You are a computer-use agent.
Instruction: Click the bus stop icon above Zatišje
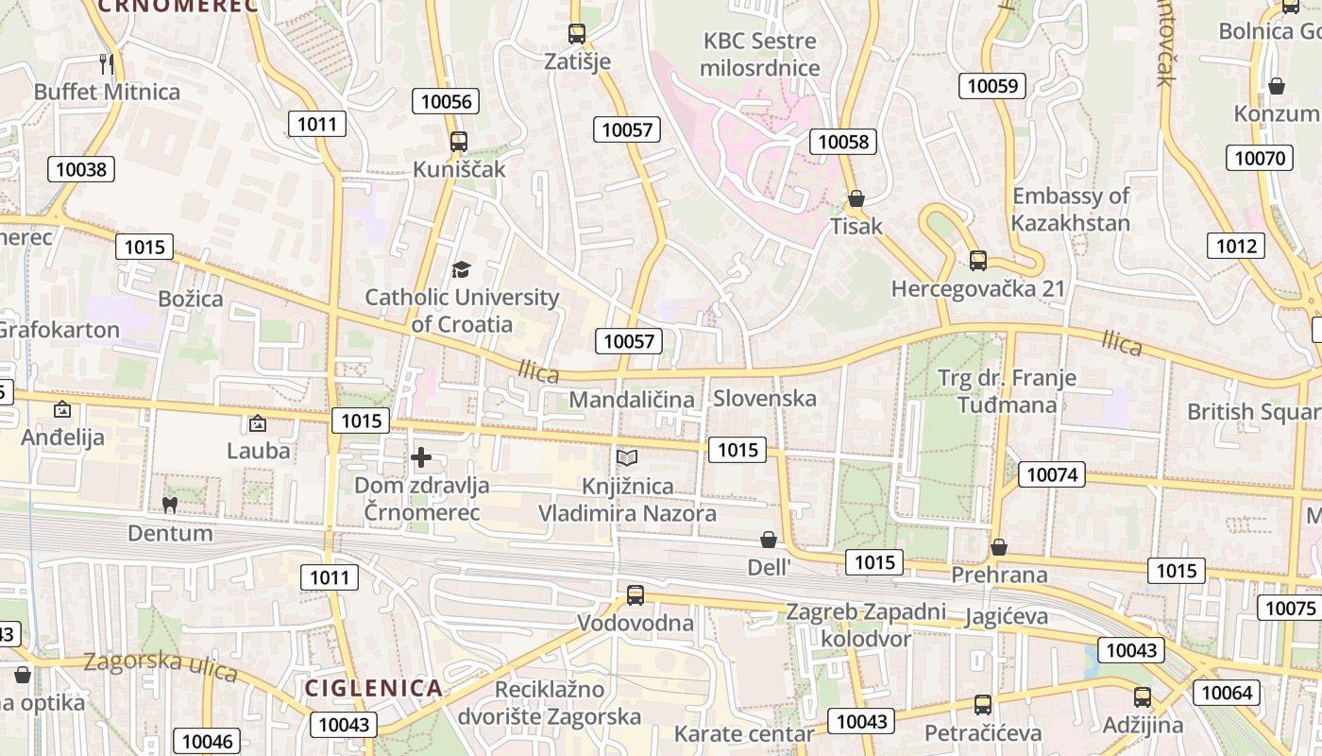point(577,34)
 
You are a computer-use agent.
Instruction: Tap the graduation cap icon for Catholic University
point(460,269)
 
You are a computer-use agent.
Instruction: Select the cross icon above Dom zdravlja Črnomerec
point(421,458)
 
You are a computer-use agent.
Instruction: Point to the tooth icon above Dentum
point(170,505)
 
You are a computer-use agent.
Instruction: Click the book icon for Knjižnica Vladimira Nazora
point(627,458)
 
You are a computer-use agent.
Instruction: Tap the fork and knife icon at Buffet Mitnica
point(107,63)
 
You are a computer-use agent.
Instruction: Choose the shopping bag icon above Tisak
point(856,198)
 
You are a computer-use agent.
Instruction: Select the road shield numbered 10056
point(446,101)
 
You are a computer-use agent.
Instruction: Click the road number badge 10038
point(81,169)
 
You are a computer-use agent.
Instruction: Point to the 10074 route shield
point(1052,474)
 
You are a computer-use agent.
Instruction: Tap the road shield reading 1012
point(1235,247)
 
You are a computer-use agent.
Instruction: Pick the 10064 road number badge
point(1227,693)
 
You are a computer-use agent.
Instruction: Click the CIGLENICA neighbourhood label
point(373,688)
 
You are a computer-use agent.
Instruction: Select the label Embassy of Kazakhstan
point(1071,210)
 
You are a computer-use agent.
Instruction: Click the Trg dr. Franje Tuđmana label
point(1007,391)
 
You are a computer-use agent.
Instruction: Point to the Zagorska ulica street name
point(160,664)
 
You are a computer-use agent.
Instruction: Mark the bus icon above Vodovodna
point(636,595)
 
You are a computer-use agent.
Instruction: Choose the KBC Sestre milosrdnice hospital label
point(761,55)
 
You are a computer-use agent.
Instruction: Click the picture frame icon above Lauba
point(258,423)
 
